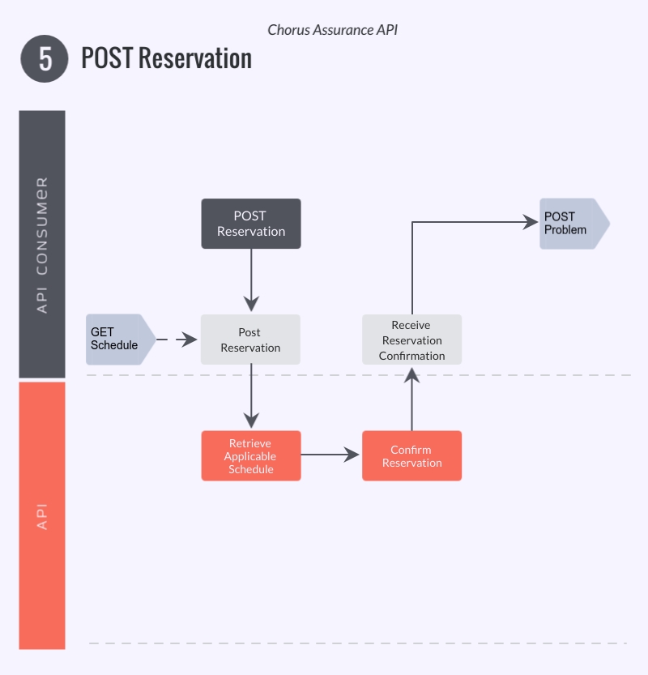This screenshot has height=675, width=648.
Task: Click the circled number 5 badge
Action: coord(44,59)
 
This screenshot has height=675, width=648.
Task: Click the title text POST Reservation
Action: coord(166,59)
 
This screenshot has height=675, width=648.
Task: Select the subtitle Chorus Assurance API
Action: coord(332,30)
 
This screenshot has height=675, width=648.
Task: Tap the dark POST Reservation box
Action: coord(250,224)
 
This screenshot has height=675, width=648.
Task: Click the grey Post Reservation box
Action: coord(250,340)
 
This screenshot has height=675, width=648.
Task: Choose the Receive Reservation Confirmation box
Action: coord(411,340)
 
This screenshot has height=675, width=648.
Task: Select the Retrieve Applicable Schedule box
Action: coord(250,456)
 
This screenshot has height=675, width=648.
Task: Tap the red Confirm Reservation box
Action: coord(411,456)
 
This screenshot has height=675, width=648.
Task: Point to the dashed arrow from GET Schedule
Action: coord(177,340)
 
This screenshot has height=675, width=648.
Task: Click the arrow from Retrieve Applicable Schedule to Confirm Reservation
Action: coord(330,455)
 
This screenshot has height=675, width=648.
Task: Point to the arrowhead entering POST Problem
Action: coord(531,222)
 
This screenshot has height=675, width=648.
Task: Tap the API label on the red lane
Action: coord(42,516)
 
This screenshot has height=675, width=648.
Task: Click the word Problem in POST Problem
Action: coord(565,230)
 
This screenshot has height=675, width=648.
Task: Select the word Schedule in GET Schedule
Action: coord(114,345)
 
